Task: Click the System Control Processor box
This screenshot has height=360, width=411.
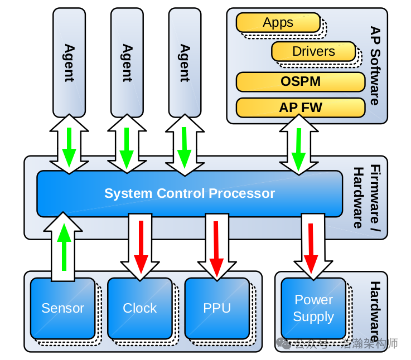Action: coord(190,193)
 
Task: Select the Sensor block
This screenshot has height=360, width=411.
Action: coord(62,308)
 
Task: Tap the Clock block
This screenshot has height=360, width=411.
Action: coord(139,308)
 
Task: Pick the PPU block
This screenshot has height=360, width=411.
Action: coord(216,308)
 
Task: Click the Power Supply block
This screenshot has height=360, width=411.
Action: coord(313,308)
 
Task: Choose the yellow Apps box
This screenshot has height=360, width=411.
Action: coord(278,23)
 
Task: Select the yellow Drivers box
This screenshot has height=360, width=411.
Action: coord(313,52)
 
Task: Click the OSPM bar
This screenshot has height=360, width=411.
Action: coord(301,81)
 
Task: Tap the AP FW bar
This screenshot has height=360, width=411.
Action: coord(301,108)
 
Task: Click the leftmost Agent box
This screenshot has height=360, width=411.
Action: coord(69,62)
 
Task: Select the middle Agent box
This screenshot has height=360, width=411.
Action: coord(127,62)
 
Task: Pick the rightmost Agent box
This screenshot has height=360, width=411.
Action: coord(185,62)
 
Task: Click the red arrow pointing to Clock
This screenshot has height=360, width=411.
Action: coord(141,245)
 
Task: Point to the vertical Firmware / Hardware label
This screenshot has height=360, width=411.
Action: coord(368,197)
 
